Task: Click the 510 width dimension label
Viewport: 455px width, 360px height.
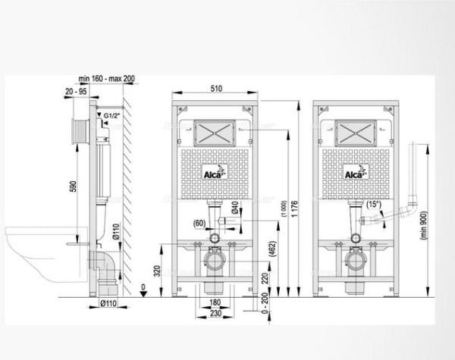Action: click(x=215, y=89)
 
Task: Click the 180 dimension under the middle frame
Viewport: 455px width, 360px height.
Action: click(x=215, y=302)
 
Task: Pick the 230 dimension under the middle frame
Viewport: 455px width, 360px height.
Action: click(x=215, y=313)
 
